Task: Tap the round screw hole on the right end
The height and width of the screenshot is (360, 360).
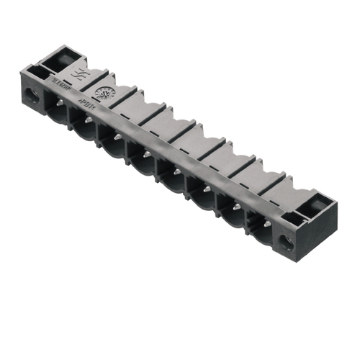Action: (291, 238)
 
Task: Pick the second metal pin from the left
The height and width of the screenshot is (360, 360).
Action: (88, 120)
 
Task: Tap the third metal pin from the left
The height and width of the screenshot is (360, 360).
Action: (117, 136)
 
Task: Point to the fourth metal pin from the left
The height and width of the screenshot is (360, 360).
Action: (147, 153)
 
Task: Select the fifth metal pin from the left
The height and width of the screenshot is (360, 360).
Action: (176, 171)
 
